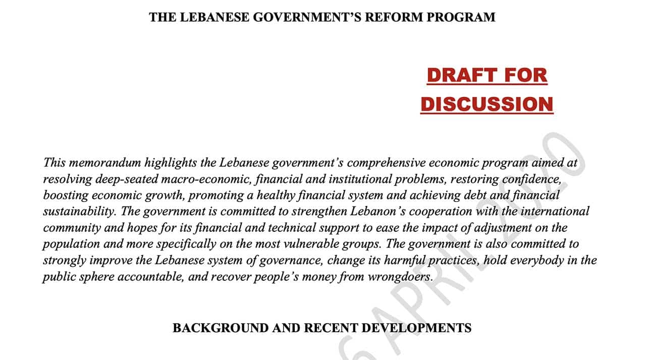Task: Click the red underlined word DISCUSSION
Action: [487, 105]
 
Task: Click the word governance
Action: [294, 260]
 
